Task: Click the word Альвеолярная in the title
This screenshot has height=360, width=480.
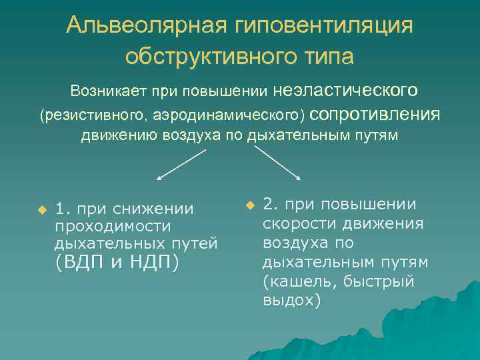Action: tap(147, 25)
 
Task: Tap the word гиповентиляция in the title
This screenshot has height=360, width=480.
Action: tap(325, 25)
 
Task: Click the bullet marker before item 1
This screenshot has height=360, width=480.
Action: tap(41, 210)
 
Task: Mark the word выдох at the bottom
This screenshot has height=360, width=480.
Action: tap(288, 300)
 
